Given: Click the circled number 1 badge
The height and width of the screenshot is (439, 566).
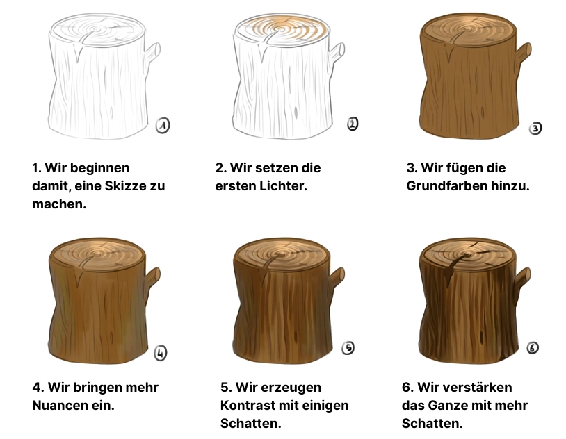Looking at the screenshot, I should click(163, 125).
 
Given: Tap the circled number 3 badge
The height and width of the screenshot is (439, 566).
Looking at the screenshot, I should click(535, 128).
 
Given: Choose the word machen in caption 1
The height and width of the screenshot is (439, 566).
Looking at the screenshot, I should click(58, 204).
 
